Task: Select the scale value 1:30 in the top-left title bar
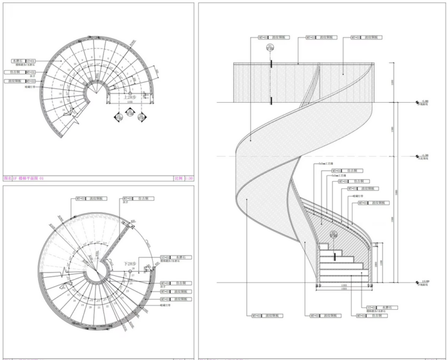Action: (187, 178)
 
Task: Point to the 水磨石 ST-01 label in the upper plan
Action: (23, 61)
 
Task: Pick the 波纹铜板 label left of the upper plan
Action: (21, 81)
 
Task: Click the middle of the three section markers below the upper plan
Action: (129, 117)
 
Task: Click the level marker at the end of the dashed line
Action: (419, 156)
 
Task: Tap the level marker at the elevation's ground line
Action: (419, 282)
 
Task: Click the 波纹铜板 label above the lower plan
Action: (91, 199)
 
